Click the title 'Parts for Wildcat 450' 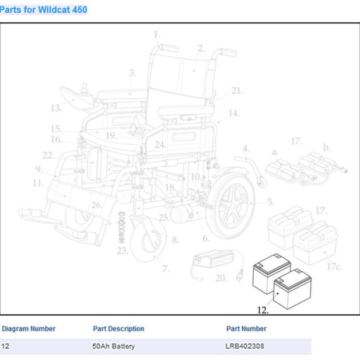(44, 10)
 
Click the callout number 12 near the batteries (262, 310)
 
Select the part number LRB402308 (245, 346)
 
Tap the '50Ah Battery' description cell (114, 346)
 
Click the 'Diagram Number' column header (29, 329)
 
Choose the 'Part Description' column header (118, 329)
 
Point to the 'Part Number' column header (246, 329)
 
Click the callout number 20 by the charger (221, 278)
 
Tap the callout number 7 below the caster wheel (165, 269)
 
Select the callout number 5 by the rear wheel (270, 202)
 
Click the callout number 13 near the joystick (55, 108)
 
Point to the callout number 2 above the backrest (201, 49)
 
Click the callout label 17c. (334, 266)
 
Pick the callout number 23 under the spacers (122, 250)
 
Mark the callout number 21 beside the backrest (237, 90)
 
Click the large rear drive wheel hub (230, 203)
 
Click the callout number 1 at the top (157, 35)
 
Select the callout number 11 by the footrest (38, 183)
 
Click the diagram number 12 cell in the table (6, 346)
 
